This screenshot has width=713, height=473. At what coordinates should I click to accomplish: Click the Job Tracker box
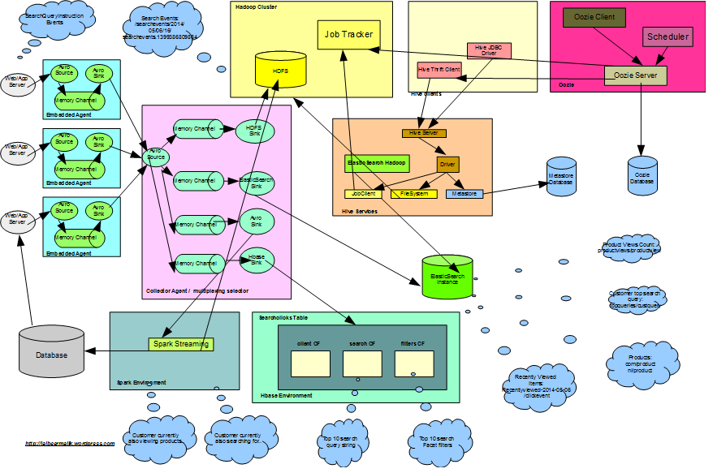(x=348, y=35)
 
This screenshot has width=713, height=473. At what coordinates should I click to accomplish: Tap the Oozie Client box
(x=594, y=17)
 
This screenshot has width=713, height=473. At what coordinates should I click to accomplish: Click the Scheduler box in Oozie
(x=668, y=37)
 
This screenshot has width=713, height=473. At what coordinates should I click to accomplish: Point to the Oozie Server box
(x=635, y=75)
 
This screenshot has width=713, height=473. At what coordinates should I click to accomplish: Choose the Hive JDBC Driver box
(x=489, y=50)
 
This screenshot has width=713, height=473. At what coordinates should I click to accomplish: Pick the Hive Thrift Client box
(x=439, y=70)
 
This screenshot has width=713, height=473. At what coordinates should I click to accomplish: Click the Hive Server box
(x=424, y=132)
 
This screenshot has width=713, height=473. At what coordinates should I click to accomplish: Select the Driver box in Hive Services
(x=447, y=164)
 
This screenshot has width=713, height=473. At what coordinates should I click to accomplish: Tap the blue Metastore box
(x=464, y=194)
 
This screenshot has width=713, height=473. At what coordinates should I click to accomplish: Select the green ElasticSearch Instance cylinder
(x=447, y=277)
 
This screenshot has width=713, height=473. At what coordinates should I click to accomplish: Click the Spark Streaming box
(x=180, y=344)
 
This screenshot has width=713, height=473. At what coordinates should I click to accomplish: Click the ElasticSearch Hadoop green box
(x=377, y=163)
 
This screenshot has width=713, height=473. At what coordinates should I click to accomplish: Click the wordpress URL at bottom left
(x=70, y=443)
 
